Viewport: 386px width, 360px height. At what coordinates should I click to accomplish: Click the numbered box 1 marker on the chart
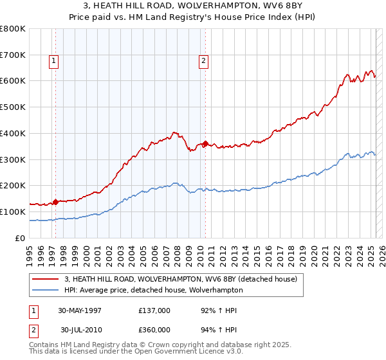[53, 62]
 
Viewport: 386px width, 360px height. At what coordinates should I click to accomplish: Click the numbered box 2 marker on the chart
[203, 62]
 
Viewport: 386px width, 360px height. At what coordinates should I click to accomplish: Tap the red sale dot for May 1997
[56, 202]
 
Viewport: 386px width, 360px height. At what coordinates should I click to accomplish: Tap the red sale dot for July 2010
[205, 143]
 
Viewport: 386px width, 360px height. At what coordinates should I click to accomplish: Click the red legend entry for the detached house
[180, 280]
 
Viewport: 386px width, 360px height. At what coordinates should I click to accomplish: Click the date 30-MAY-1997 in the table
[80, 310]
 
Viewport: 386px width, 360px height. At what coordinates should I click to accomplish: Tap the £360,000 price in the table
[154, 329]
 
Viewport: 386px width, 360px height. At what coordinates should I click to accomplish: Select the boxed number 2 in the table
[33, 329]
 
